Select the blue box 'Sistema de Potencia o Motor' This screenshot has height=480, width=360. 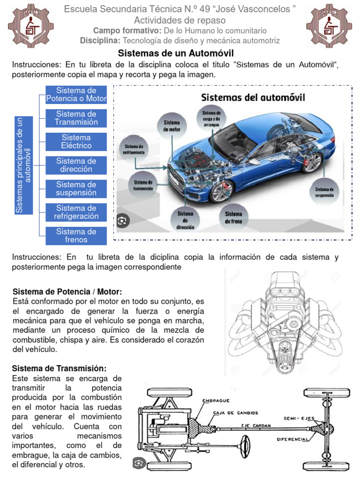point(76,94)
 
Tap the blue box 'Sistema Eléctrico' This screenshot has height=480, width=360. point(76,142)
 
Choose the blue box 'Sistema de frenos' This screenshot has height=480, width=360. point(76,235)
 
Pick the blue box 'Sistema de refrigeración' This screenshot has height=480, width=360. point(76,212)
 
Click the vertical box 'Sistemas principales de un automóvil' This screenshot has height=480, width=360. point(23,165)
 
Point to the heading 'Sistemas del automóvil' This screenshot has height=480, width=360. point(253,98)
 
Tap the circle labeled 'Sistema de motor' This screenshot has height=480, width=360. point(172,125)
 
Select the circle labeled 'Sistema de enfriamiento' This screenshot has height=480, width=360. point(134,149)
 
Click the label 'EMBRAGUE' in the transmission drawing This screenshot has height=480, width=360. point(215,401)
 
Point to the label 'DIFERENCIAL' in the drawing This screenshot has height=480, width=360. point(292,440)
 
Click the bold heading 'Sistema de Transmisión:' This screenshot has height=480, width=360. point(59,368)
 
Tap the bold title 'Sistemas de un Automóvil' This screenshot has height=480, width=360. point(175,53)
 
